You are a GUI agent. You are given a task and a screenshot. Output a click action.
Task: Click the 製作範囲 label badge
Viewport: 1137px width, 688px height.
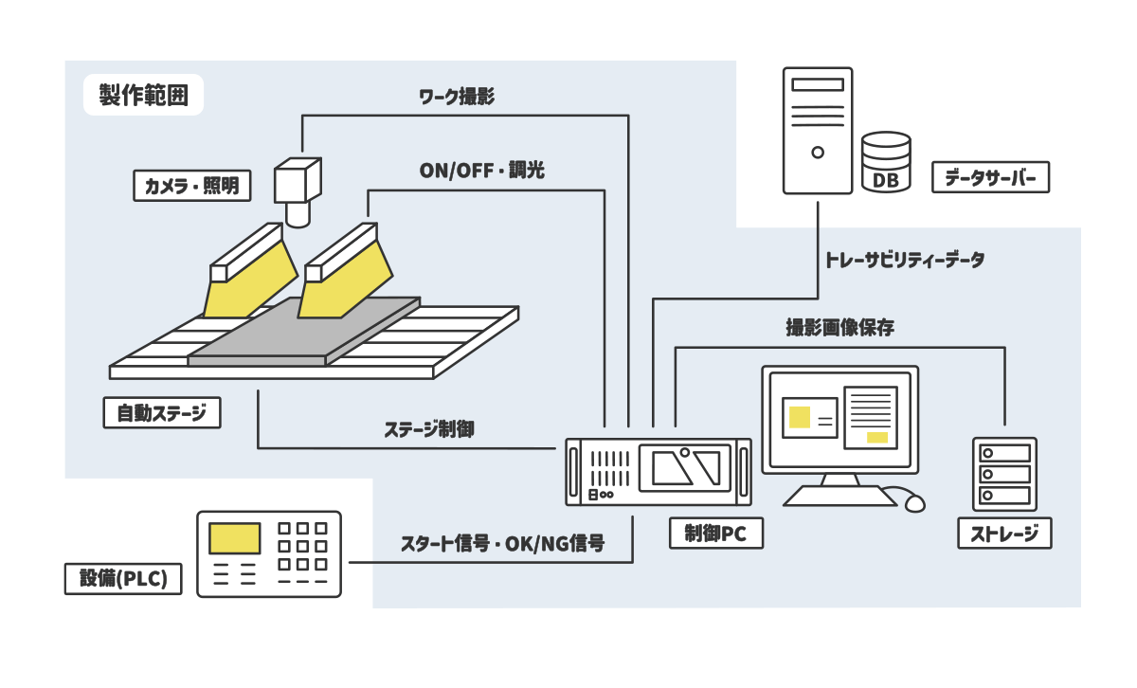(143, 96)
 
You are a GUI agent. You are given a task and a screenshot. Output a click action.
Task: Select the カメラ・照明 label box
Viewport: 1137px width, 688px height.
(191, 186)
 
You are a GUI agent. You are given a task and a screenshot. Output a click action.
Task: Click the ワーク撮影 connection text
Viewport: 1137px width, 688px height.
(457, 97)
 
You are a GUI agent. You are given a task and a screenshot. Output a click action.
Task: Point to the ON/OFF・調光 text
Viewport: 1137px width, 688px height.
(481, 171)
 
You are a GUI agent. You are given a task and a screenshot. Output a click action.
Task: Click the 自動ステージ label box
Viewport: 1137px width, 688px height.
(161, 413)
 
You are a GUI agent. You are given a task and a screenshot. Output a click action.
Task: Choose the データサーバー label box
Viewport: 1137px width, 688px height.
(991, 177)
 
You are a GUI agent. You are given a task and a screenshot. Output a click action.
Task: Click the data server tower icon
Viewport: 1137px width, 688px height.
(818, 130)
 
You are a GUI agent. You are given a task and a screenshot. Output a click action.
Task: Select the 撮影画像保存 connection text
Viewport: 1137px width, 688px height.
(839, 328)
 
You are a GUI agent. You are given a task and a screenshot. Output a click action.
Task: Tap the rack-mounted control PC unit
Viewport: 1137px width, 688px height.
(659, 471)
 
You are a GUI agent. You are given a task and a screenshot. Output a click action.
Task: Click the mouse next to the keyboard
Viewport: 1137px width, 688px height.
(911, 500)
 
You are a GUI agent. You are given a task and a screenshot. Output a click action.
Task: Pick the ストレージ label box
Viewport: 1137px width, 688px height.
(1004, 534)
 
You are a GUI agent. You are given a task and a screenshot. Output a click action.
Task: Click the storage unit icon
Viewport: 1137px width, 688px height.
(1004, 474)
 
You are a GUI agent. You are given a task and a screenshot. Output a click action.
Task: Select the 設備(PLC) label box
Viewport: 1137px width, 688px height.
(122, 579)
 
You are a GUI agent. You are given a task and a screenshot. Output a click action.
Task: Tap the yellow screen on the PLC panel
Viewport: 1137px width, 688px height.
(235, 537)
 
